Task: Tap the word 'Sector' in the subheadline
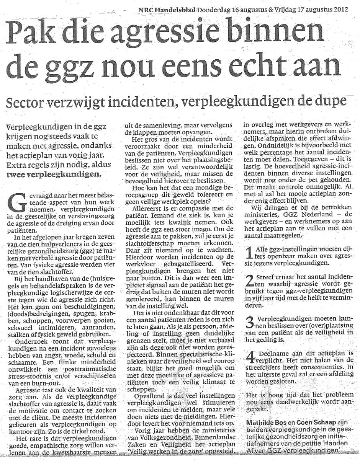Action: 34,103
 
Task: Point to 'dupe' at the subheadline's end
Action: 331,101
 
